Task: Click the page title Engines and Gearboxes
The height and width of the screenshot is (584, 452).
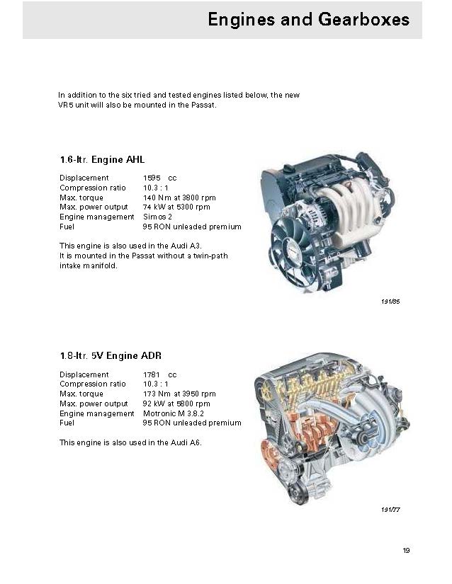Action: pos(308,19)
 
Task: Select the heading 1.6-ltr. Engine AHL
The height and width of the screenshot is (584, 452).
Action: pos(102,160)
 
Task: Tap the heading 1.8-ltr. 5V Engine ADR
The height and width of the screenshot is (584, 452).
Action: pos(115,356)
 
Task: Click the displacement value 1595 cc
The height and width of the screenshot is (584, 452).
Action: pos(159,178)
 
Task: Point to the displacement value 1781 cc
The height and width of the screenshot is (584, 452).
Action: pos(159,374)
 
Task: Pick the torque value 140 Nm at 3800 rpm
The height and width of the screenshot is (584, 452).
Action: pos(179,197)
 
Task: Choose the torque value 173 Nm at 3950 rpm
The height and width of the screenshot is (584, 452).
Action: pos(179,394)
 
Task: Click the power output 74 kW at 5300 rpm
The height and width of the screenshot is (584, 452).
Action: pos(176,207)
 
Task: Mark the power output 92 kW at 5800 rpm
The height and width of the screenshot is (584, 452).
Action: pos(176,403)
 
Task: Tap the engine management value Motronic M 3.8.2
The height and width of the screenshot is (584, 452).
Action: pos(174,413)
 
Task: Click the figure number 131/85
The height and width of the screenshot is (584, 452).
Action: pos(391,302)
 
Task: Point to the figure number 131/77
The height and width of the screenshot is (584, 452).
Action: pos(391,509)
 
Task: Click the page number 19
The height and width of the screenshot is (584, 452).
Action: pos(406,551)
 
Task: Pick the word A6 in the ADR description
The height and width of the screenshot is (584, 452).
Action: pos(197,442)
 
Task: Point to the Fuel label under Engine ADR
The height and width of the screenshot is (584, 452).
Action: pos(67,423)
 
